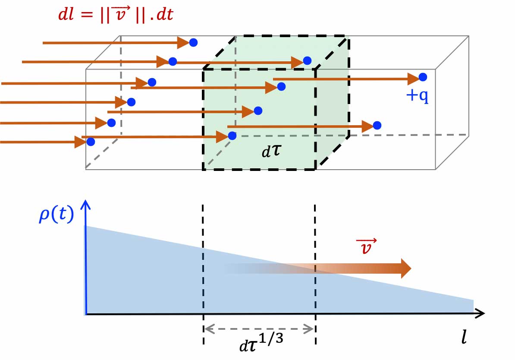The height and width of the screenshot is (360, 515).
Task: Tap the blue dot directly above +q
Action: point(423,77)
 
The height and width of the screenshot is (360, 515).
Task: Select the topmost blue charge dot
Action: point(194,42)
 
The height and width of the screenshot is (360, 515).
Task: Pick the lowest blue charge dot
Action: point(91,141)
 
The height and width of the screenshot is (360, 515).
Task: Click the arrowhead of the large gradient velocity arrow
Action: point(405,268)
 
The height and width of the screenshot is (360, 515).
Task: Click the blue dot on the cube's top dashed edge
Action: point(307,60)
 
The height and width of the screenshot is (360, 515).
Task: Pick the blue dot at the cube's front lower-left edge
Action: point(232,136)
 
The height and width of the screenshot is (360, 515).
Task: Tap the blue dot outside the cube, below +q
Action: point(377,125)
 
